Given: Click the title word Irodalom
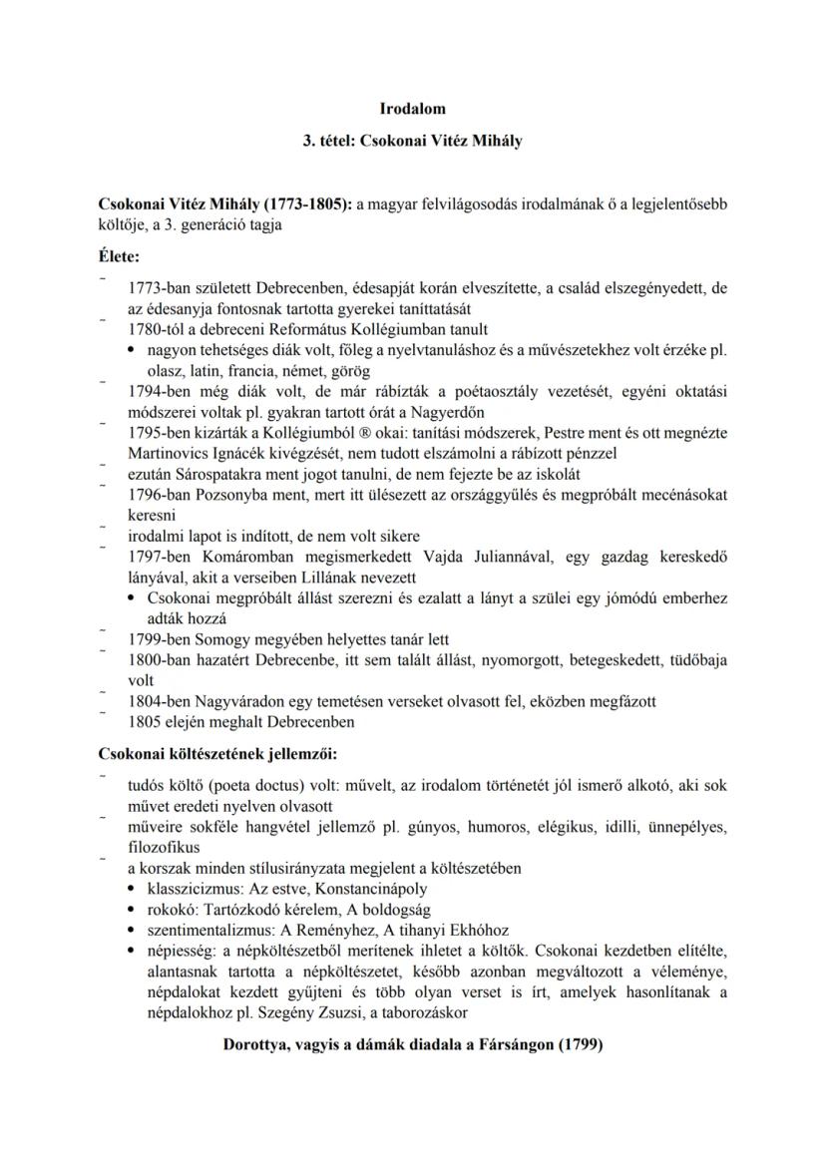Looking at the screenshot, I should pos(413,108).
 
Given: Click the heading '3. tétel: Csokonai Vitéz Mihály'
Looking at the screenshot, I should pos(413,142).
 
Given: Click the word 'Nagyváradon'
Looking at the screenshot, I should pos(232,702).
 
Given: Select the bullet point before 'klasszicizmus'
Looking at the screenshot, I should pos(134,887).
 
